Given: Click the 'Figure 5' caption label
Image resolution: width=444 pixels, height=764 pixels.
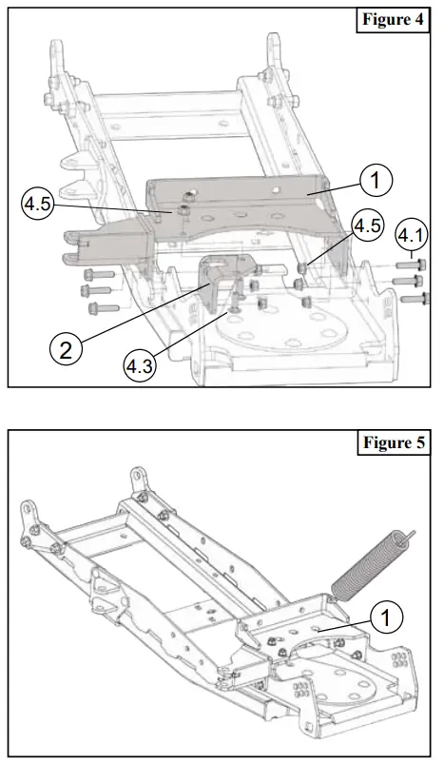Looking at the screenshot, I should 393,443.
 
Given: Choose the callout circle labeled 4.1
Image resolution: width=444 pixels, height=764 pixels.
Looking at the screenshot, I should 411,233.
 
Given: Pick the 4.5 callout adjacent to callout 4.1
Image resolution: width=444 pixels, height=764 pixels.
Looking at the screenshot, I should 368,225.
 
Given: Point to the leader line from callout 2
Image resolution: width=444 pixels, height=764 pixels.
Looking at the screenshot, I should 143,314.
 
